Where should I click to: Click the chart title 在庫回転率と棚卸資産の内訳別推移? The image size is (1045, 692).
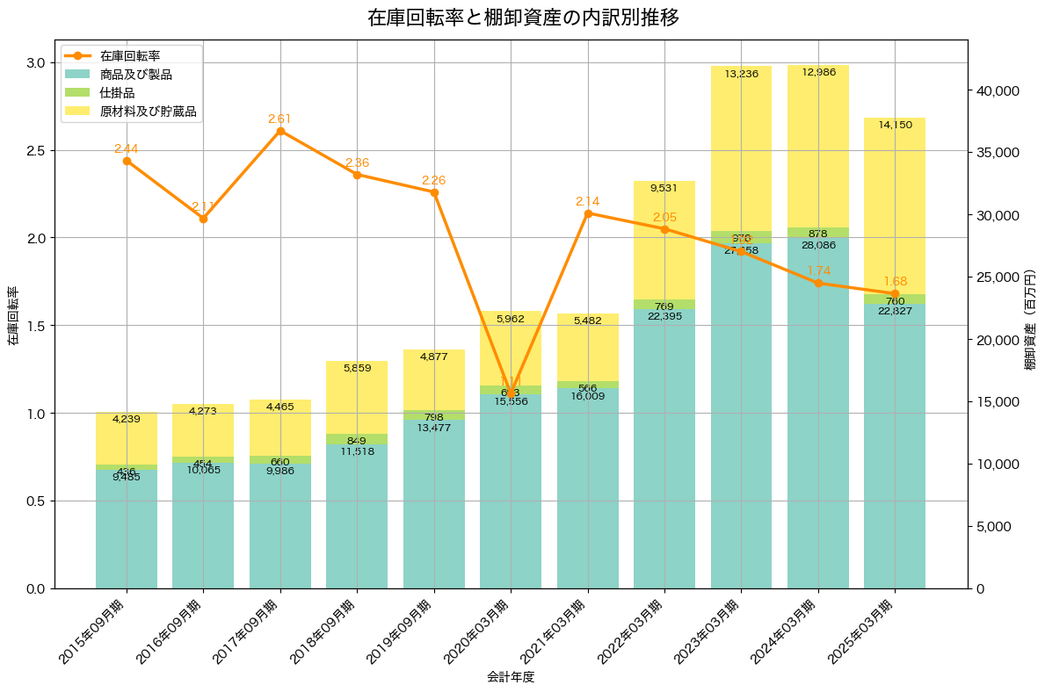(x=523, y=18)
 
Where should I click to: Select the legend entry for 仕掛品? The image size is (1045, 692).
(x=117, y=93)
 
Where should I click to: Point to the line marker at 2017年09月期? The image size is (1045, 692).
(x=280, y=131)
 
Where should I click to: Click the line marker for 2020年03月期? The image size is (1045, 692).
(x=511, y=394)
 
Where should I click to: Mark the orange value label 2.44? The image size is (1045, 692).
(x=127, y=148)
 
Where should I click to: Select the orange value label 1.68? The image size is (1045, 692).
(x=895, y=281)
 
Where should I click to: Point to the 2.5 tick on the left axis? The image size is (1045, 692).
(x=37, y=150)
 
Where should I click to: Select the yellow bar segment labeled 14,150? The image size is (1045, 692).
(x=895, y=205)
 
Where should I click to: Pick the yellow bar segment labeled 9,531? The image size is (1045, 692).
(x=664, y=240)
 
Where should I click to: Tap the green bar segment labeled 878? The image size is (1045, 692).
(x=818, y=232)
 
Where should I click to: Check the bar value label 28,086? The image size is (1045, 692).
(x=818, y=245)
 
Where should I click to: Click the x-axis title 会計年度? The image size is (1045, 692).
(x=511, y=677)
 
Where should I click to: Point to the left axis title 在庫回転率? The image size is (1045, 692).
(x=12, y=315)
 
